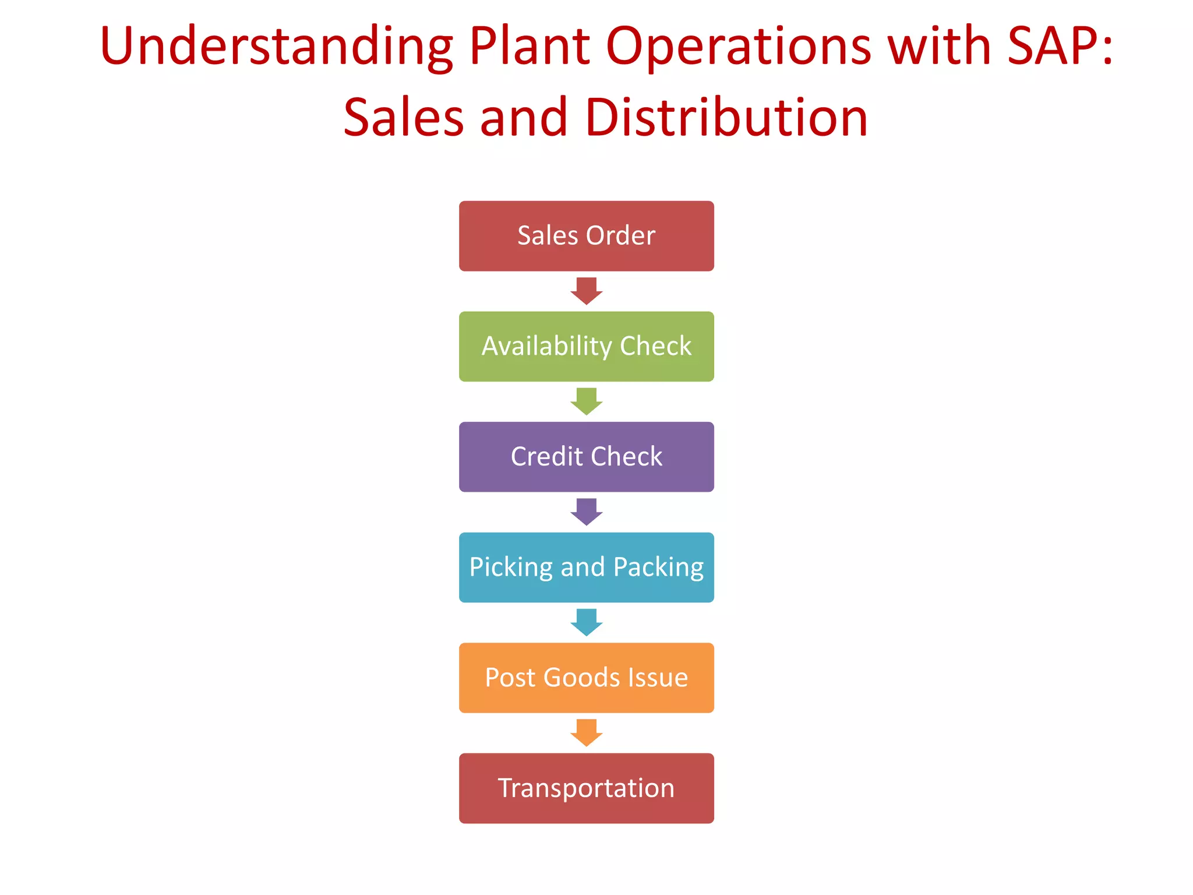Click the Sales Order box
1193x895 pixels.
click(x=586, y=236)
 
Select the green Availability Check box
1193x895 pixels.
click(x=586, y=347)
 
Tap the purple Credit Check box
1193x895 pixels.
click(x=586, y=457)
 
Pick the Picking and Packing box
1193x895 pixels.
click(x=586, y=568)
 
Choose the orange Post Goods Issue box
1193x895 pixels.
click(x=586, y=678)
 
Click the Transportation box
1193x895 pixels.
click(x=586, y=788)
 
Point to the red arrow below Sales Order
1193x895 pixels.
click(x=586, y=291)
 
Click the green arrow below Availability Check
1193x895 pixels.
click(x=586, y=401)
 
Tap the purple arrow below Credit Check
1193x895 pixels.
click(x=586, y=512)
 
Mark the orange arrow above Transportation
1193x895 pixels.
click(x=586, y=732)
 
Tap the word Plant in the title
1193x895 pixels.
click(x=530, y=47)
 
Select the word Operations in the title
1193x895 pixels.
click(x=738, y=47)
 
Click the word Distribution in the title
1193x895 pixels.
click(x=726, y=118)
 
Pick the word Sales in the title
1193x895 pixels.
click(x=404, y=118)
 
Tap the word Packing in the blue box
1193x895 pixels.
click(x=658, y=568)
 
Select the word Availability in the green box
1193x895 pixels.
click(x=546, y=347)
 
